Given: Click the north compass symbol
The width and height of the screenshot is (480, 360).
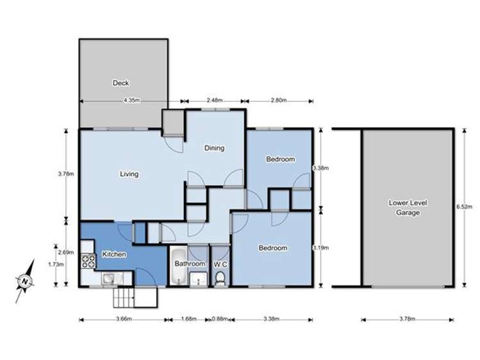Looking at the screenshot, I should tap(24, 280).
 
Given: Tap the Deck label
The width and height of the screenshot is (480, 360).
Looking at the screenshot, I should tap(120, 83).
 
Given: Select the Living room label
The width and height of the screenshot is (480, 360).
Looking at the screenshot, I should tap(129, 174).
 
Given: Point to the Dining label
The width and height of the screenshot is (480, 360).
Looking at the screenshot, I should tap(214, 149).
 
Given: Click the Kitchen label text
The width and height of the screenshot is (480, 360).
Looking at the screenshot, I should tap(113, 254).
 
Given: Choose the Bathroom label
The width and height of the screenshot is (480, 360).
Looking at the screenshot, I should tap(190, 264).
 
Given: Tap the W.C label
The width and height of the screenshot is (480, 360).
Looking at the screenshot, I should tap(220, 264).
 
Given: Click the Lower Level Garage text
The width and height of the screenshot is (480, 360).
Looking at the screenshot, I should tap(408, 208).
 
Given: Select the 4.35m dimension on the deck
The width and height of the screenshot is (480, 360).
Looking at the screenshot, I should tap(131, 100).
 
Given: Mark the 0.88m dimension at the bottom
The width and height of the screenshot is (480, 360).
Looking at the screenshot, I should tap(219, 318).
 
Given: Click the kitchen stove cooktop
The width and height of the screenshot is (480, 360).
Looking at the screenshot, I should tap(88, 261).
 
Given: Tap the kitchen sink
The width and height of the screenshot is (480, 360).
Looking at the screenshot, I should tap(110, 278).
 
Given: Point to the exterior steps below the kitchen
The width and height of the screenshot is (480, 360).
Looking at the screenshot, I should tap(126, 297).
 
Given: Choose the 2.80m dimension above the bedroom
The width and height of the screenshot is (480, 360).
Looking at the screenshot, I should tap(278, 100).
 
